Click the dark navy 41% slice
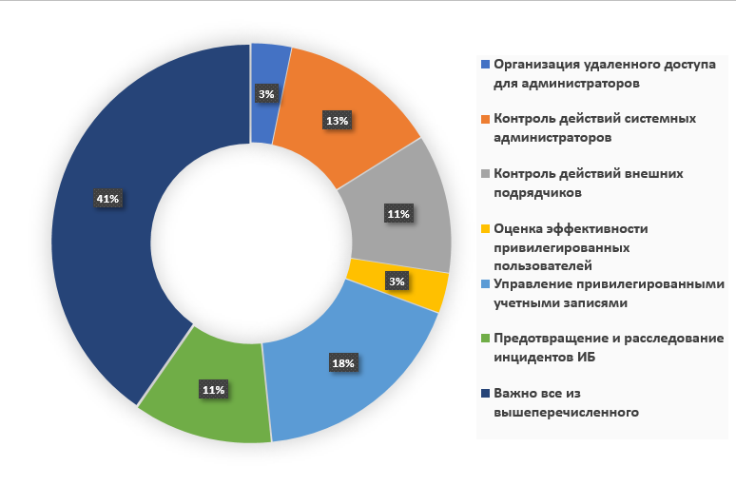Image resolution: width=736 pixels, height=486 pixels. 95,238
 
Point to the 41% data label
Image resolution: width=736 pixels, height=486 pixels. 107,199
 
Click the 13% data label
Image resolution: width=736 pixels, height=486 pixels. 336,121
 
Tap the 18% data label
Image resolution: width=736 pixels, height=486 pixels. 343,363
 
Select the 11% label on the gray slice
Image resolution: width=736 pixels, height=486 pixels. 397,215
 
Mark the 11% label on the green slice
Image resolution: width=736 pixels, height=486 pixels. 213,390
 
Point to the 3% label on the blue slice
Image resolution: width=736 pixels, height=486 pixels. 266,94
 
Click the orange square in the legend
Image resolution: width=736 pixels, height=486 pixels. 486,119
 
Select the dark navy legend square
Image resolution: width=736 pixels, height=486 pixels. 486,393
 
